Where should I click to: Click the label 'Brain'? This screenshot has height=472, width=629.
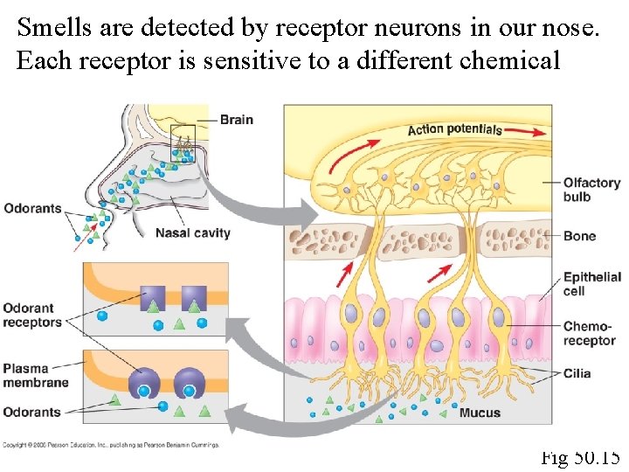[236, 120]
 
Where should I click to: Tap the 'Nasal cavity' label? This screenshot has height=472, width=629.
[192, 233]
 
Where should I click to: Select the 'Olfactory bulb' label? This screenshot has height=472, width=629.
[591, 190]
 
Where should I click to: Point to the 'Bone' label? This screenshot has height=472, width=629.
[579, 236]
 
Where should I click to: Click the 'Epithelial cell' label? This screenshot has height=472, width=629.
[591, 283]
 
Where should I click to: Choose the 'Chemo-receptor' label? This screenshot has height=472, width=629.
[589, 333]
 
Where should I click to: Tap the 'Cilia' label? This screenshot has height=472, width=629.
[577, 373]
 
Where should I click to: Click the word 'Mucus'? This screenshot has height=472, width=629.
[480, 412]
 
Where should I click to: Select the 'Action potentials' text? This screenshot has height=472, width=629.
[454, 129]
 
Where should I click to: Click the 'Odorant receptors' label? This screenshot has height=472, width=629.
[31, 315]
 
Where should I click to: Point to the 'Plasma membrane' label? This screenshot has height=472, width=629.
[36, 375]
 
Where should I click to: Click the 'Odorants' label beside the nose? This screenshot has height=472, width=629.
[31, 208]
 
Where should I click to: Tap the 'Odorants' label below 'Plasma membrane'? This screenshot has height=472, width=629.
[31, 412]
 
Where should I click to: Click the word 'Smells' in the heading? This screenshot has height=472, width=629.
[52, 28]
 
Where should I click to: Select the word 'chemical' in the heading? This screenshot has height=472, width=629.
[511, 60]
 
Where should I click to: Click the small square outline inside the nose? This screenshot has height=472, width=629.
[183, 137]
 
